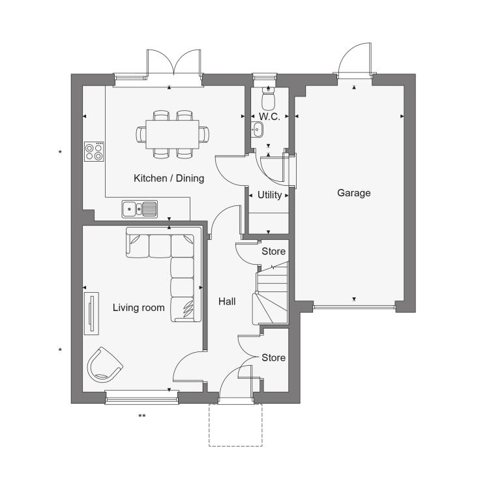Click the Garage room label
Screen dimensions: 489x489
[x=353, y=193]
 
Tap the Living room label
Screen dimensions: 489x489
[x=138, y=308]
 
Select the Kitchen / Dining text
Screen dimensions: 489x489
[x=169, y=178]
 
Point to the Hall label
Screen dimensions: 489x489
[x=227, y=302]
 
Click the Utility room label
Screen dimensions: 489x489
[x=269, y=195]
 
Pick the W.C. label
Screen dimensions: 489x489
[x=269, y=117]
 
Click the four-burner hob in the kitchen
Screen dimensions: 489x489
[x=94, y=151]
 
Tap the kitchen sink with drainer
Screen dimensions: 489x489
[x=140, y=209]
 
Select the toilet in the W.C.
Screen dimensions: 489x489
[x=268, y=97]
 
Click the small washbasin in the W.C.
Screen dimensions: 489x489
[x=258, y=130]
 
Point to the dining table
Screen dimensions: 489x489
[x=173, y=134]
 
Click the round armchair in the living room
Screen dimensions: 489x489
[x=104, y=365]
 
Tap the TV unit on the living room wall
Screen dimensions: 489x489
[x=91, y=314]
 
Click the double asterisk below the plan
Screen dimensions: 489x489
[x=142, y=416]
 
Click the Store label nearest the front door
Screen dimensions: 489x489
[x=273, y=358]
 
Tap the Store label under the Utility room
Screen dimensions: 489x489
[x=273, y=252]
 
